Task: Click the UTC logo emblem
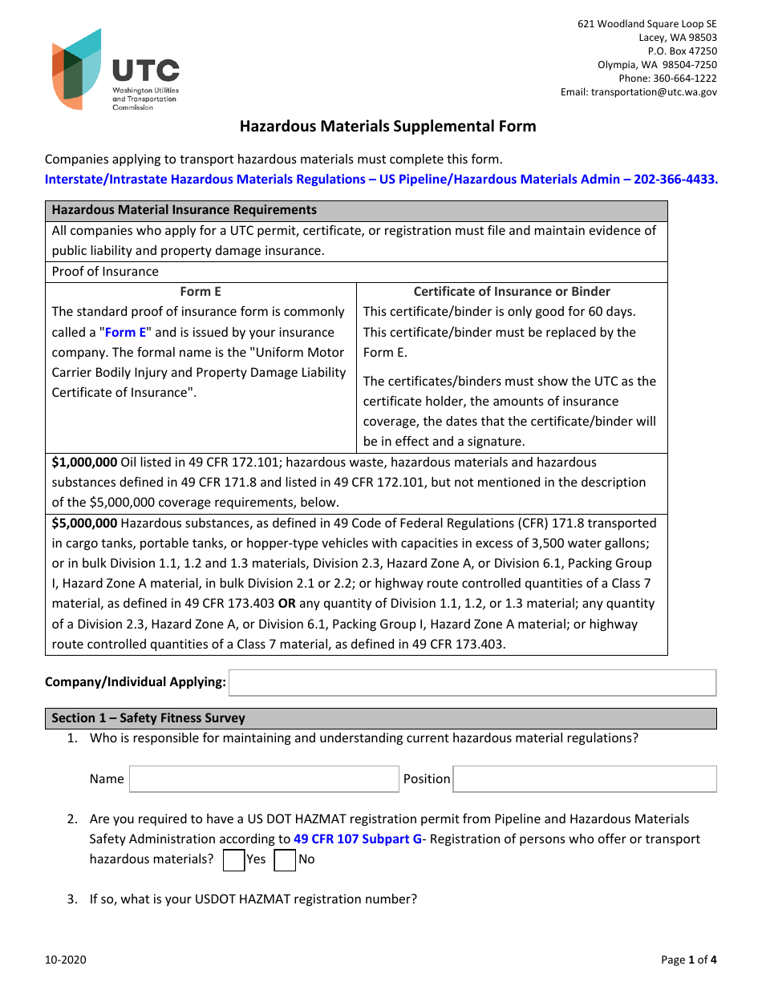point(77,69)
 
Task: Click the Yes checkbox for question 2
point(233,860)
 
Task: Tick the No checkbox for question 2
point(285,860)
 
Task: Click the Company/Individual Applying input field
point(472,683)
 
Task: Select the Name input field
point(264,779)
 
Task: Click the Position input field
point(585,779)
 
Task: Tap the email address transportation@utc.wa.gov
point(654,92)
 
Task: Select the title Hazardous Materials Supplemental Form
point(387,127)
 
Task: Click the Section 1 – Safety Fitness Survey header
point(148,718)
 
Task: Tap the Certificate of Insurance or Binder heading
point(512,292)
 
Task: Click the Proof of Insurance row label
point(105,272)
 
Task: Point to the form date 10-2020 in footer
point(66,960)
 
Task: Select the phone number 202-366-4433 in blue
point(675,180)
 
